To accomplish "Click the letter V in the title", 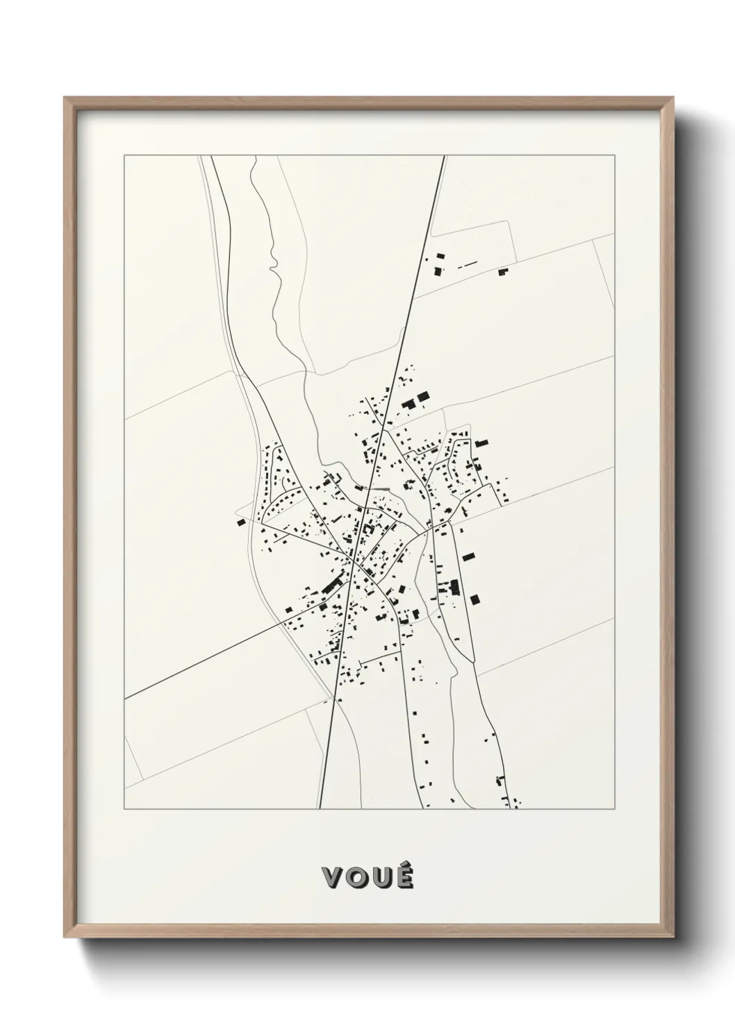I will click(x=333, y=877).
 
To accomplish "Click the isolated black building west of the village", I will click(x=241, y=522).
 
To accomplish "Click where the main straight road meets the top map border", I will click(x=444, y=156).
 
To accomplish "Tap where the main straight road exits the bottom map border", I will click(x=320, y=809).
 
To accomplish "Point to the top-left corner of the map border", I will click(x=124, y=156).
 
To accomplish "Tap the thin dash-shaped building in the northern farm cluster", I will click(x=468, y=264).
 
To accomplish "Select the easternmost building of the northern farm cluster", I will click(x=503, y=272).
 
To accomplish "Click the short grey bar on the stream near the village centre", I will click(x=381, y=489).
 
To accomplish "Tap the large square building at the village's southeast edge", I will click(x=475, y=599).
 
